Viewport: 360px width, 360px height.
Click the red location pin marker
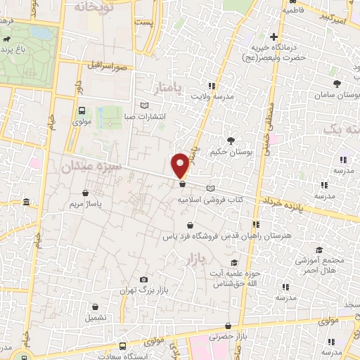point(181,165)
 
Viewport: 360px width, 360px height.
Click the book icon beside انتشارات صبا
point(146,105)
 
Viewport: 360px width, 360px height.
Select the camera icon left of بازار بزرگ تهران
point(144,279)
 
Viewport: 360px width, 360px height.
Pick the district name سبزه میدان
point(92,168)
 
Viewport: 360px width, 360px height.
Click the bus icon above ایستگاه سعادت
point(122,346)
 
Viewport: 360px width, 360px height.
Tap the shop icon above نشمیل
point(95,307)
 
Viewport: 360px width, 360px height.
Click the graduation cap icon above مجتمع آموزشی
point(319,250)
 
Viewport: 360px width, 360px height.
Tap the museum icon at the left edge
point(26,203)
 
